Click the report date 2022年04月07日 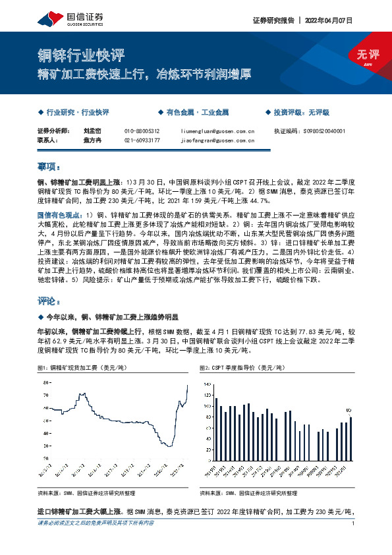(x=328, y=20)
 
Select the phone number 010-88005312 (x=142, y=131)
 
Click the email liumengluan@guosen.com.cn (x=213, y=131)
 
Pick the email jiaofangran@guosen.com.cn (x=213, y=140)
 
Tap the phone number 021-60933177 (x=142, y=140)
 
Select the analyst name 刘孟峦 (x=91, y=131)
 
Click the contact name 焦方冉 (x=91, y=140)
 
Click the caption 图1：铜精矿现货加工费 (x=78, y=366)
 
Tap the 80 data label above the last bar (x=349, y=409)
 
